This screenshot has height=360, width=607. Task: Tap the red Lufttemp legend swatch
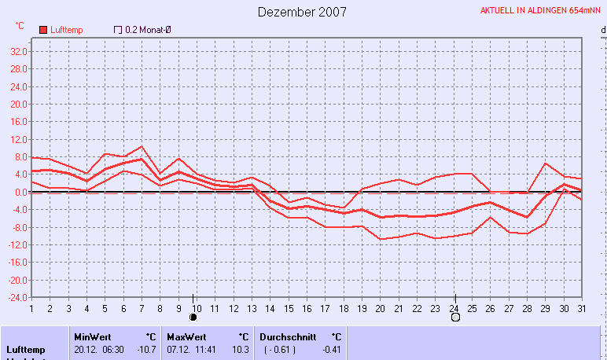(43, 30)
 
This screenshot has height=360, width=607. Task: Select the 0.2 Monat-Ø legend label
(148, 30)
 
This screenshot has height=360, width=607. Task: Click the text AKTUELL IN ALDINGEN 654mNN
(541, 12)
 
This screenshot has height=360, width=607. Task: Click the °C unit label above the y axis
(20, 26)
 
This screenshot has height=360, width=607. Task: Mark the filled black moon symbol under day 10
(193, 318)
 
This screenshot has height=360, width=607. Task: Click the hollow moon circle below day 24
(454, 318)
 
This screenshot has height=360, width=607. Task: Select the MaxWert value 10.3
(240, 350)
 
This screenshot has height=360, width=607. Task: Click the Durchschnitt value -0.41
(332, 350)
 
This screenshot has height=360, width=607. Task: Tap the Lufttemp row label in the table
(25, 350)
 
